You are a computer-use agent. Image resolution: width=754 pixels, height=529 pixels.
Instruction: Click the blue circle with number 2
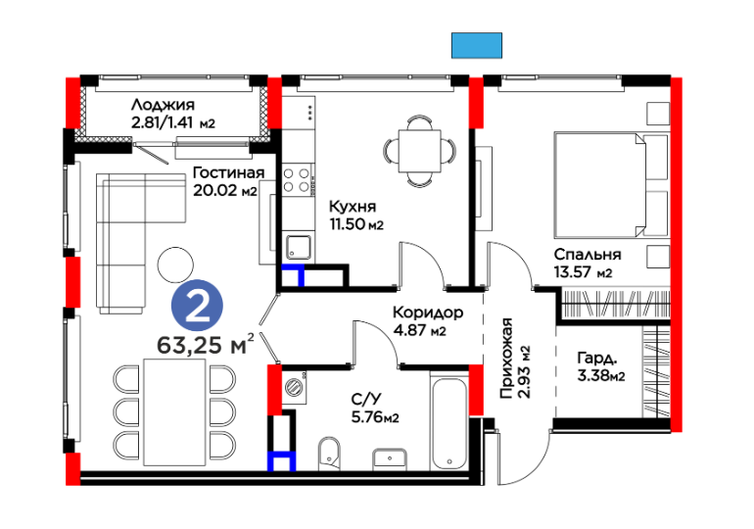click(197, 306)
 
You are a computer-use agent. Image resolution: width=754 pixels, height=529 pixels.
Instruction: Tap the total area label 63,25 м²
click(206, 344)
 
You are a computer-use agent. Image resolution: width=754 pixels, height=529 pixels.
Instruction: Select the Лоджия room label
click(163, 105)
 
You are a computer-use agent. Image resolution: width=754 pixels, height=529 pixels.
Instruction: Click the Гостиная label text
click(228, 172)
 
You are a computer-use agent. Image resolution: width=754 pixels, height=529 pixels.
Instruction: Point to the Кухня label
click(353, 207)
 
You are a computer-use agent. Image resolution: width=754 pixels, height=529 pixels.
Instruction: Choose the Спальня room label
click(588, 254)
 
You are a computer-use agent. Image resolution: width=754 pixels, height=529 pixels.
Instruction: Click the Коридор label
click(428, 313)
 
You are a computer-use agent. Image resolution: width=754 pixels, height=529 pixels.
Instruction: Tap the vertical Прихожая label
click(506, 359)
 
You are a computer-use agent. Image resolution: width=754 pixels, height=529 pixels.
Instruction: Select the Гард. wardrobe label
click(597, 359)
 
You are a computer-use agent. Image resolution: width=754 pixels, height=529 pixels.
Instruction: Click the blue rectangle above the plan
click(477, 46)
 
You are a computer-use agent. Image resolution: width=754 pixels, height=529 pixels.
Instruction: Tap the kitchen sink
click(299, 247)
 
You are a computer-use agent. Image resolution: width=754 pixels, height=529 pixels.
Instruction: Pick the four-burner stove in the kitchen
click(296, 180)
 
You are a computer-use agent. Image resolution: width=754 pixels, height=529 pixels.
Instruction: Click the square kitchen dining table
click(419, 151)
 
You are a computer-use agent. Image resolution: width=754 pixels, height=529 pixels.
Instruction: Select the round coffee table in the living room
click(175, 264)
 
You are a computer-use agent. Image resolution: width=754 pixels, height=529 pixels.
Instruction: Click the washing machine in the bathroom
click(295, 387)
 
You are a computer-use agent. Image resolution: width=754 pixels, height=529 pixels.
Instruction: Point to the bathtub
click(449, 423)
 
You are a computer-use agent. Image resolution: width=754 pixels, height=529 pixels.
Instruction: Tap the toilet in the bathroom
click(329, 454)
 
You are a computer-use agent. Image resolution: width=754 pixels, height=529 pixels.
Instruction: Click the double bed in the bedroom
click(611, 185)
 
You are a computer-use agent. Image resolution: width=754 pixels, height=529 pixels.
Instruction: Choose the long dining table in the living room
click(175, 412)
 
